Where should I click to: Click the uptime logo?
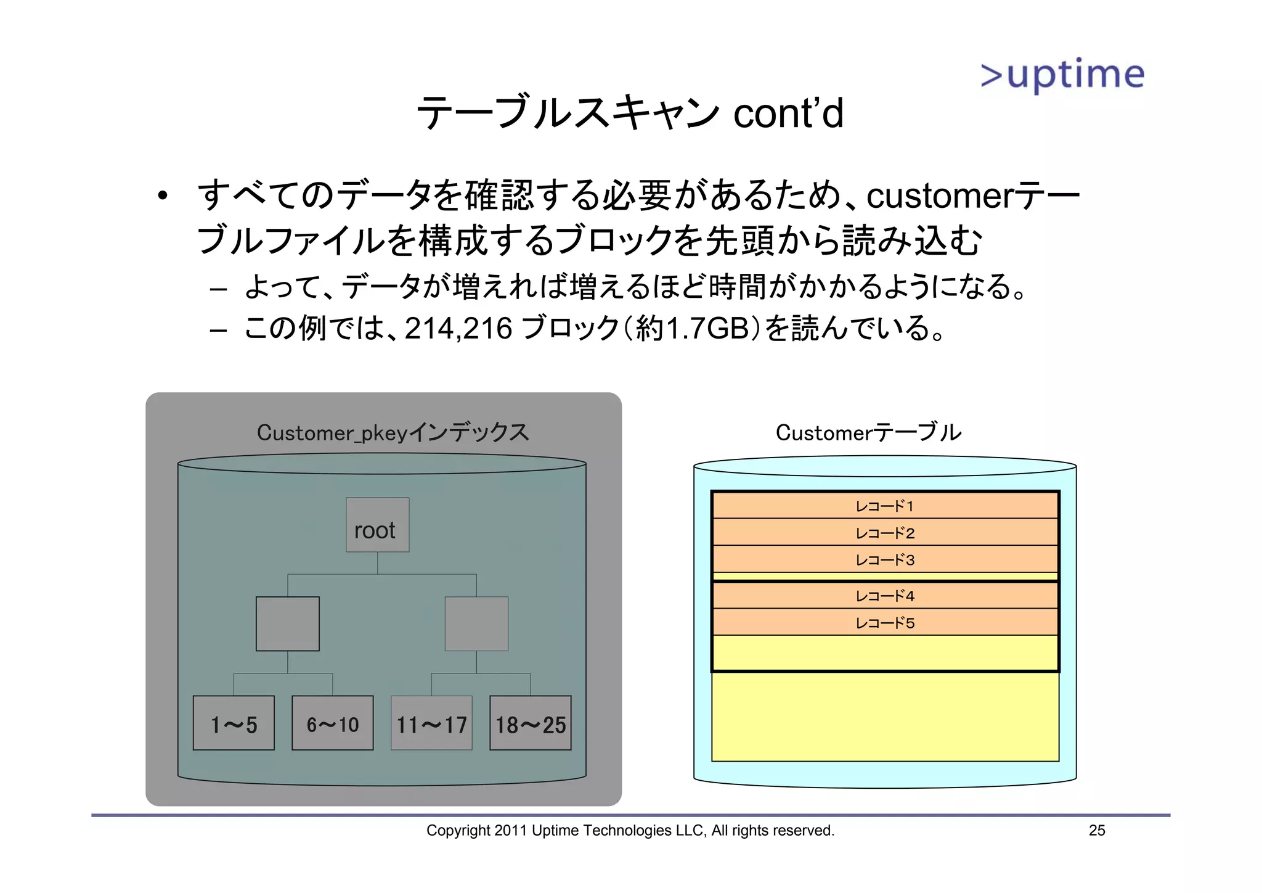point(1062,75)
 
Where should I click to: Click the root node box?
point(377,525)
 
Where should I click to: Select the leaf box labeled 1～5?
point(234,723)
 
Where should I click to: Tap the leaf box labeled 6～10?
point(333,723)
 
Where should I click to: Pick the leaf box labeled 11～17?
point(431,723)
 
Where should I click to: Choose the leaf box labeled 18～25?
point(531,723)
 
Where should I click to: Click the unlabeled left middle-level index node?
point(288,623)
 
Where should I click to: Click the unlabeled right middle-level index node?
point(476,623)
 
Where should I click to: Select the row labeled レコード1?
point(885,506)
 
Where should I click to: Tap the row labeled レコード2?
point(885,533)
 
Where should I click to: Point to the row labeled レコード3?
point(885,560)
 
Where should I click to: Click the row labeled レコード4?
point(885,596)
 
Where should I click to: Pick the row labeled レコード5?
point(885,623)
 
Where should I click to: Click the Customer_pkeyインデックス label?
point(393,432)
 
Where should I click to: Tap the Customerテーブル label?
point(868,432)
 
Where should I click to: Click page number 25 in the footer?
point(1097,831)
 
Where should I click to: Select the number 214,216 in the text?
point(458,328)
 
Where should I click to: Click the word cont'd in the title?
point(788,113)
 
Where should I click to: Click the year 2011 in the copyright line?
point(511,831)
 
